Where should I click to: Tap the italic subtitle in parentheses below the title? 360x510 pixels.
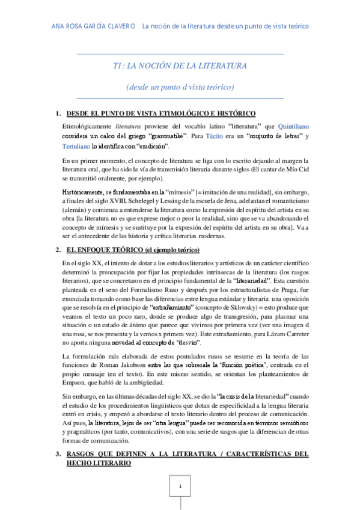click(180, 87)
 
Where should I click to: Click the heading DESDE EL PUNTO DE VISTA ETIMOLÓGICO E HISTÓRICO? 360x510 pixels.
click(161, 114)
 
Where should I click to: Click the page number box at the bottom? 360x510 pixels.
click(180, 485)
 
